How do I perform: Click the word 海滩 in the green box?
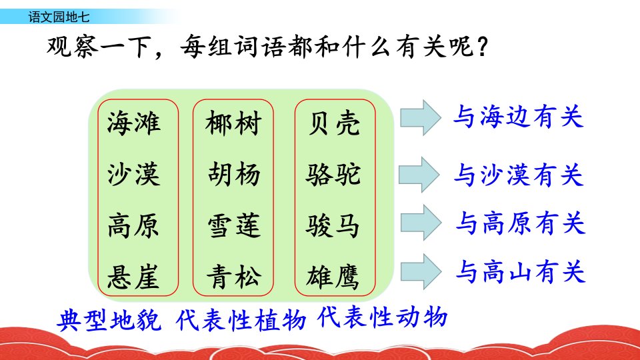[x=134, y=123]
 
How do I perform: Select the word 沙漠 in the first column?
[x=134, y=174]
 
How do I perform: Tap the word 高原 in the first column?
[x=133, y=225]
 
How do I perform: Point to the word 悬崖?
[x=133, y=277]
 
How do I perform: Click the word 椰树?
[x=233, y=123]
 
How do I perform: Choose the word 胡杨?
[x=234, y=174]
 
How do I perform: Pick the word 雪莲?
[x=234, y=225]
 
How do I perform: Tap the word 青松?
[x=234, y=277]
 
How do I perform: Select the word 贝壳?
[x=334, y=123]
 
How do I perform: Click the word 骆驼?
[x=333, y=174]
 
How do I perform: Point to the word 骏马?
[x=333, y=225]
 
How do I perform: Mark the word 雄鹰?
[x=333, y=277]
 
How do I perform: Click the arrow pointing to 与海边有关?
[x=421, y=117]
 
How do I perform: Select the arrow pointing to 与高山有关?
[x=421, y=271]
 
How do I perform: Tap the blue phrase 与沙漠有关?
[x=519, y=175]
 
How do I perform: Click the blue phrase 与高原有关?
[x=521, y=223]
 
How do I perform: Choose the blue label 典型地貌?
[x=109, y=319]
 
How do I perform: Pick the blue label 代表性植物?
[x=241, y=319]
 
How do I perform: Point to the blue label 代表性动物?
[x=382, y=317]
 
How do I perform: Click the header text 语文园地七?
[x=59, y=17]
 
